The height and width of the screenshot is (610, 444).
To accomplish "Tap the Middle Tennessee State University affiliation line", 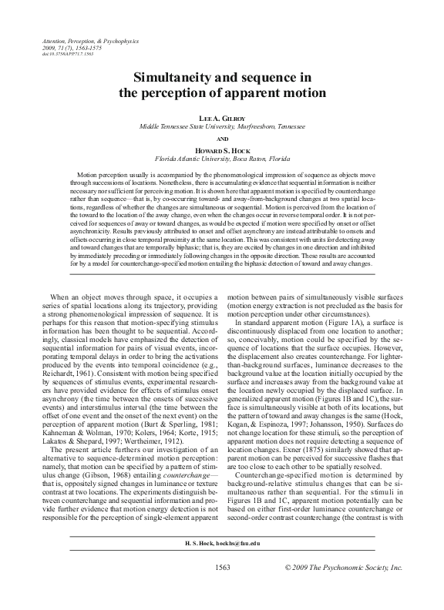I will [x=222, y=124].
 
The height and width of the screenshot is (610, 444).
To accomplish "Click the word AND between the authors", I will [x=222, y=136].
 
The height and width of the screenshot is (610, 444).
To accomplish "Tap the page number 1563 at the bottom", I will [x=222, y=589].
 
